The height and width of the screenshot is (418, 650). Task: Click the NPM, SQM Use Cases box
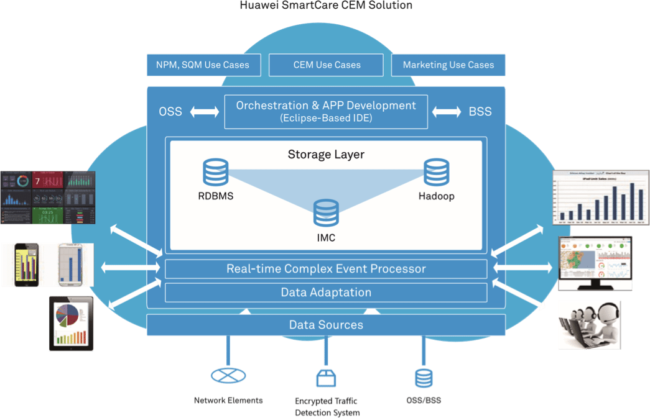[198, 65]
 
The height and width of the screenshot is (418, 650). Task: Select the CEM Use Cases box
[327, 65]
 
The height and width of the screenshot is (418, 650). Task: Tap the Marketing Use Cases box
[448, 65]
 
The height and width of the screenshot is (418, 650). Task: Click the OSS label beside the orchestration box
[170, 112]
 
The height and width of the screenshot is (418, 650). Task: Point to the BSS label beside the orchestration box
[480, 112]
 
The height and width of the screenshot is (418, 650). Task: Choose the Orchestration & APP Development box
[326, 111]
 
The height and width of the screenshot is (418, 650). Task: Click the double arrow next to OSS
[205, 112]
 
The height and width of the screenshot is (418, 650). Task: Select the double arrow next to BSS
[447, 112]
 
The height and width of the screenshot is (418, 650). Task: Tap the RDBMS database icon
[215, 172]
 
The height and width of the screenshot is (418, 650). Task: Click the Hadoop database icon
[436, 172]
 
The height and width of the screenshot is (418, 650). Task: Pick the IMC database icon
[326, 213]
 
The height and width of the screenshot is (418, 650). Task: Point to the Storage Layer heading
[326, 154]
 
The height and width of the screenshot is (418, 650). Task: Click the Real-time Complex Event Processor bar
[326, 269]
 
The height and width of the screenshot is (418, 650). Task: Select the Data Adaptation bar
[326, 292]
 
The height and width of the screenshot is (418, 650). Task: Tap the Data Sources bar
[326, 325]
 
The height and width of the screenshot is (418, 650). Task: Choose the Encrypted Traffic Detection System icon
[325, 377]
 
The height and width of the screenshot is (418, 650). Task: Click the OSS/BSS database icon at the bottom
[424, 377]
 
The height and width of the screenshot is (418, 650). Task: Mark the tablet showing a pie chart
[72, 323]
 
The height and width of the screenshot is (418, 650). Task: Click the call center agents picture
[589, 324]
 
